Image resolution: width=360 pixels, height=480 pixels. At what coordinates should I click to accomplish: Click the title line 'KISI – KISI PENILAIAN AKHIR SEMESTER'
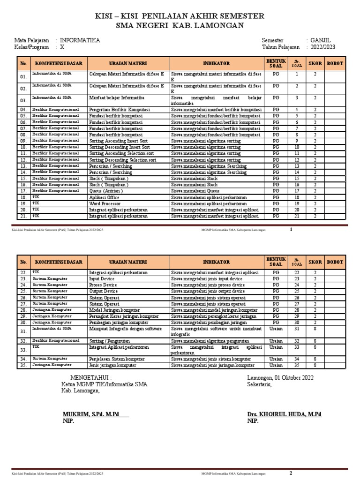(x=180, y=16)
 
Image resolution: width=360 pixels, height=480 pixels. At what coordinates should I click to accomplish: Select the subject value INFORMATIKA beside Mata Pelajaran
(x=80, y=41)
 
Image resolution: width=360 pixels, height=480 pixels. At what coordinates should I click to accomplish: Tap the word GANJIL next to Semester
(x=321, y=41)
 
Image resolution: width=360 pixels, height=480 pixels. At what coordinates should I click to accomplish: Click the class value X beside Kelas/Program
(x=62, y=47)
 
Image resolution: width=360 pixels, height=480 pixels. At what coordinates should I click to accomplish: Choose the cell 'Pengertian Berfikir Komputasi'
(x=119, y=109)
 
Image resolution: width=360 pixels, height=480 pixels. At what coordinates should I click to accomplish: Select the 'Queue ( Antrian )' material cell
(x=108, y=191)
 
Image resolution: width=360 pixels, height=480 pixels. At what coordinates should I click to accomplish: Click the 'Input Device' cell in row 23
(x=102, y=278)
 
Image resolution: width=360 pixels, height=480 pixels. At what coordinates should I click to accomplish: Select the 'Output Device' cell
(x=104, y=291)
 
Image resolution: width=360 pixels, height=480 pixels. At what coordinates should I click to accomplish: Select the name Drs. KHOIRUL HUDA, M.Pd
(x=284, y=414)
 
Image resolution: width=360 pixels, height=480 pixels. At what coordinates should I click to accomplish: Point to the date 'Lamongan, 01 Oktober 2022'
(x=280, y=378)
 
